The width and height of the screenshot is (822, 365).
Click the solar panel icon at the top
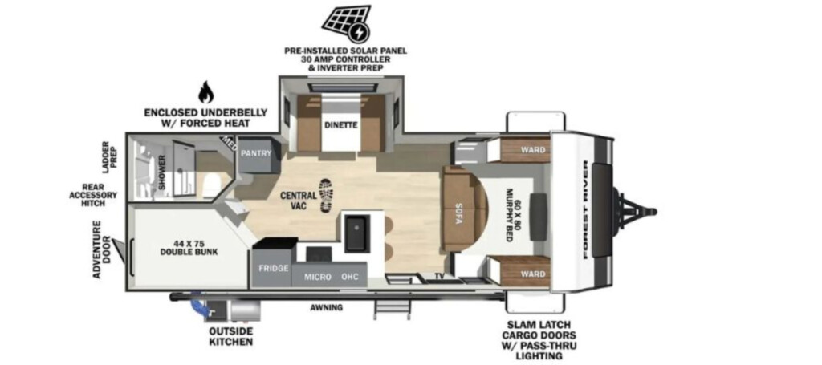coord(346,23)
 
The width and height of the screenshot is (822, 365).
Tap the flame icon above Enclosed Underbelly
coord(206,93)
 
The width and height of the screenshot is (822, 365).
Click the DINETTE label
coord(340,125)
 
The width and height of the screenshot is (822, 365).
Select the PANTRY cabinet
coord(256,155)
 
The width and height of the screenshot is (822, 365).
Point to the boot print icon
coord(326,195)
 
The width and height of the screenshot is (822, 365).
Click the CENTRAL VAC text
coord(299,201)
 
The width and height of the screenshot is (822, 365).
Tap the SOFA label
coord(458,213)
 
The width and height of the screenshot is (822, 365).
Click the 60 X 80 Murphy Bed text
coord(511,209)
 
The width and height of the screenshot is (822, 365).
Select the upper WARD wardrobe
coord(525,150)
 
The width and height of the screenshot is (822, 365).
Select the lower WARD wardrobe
coord(525,273)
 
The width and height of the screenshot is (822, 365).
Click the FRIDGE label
coord(274,268)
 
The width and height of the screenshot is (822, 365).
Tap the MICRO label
coord(318,277)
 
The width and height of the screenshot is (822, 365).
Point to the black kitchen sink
coord(357,233)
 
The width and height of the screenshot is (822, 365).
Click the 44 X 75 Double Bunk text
coord(189,247)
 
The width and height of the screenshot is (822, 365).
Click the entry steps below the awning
coord(391,308)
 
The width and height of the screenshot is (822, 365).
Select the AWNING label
coord(326,307)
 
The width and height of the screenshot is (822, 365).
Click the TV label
coord(439,276)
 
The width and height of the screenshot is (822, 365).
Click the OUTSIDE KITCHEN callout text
coord(230,336)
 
